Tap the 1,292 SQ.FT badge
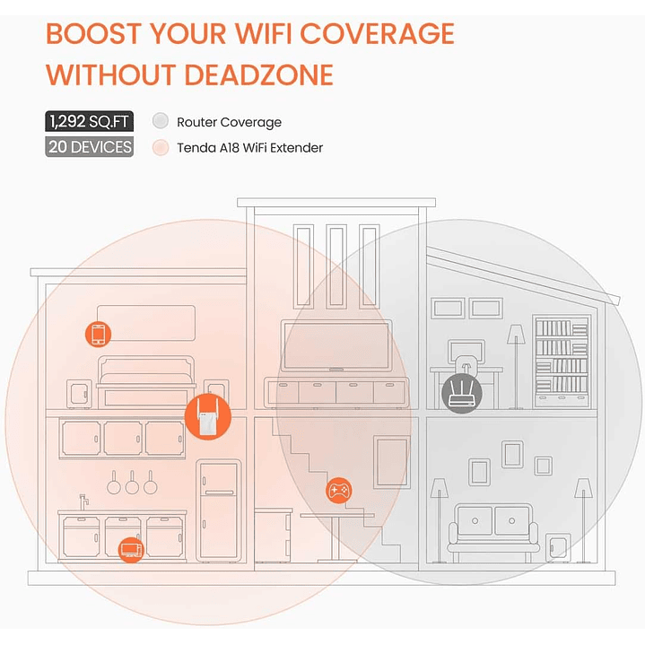[x=89, y=122]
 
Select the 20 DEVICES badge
[x=89, y=147]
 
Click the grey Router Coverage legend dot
[x=161, y=122]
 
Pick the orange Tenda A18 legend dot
[x=161, y=147]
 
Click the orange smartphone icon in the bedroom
[x=99, y=334]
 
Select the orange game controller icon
[x=339, y=491]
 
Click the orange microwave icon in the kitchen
[x=131, y=548]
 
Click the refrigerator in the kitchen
[x=218, y=510]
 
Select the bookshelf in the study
[x=562, y=356]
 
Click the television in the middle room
[x=336, y=344]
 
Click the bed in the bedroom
[x=145, y=380]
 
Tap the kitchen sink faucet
[x=83, y=500]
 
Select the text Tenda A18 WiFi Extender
[x=249, y=147]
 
